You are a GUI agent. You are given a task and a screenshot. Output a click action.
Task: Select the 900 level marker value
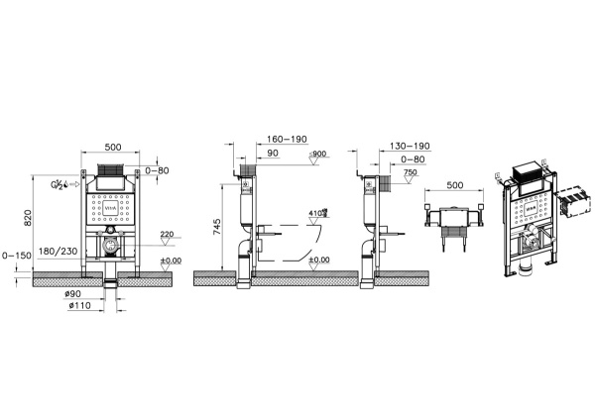coord(319,154)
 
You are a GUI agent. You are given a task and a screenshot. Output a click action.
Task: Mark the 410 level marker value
coord(316,213)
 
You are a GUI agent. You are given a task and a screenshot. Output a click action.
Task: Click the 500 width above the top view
coord(454,185)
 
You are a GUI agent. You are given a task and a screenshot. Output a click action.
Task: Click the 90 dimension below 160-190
coord(271,155)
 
